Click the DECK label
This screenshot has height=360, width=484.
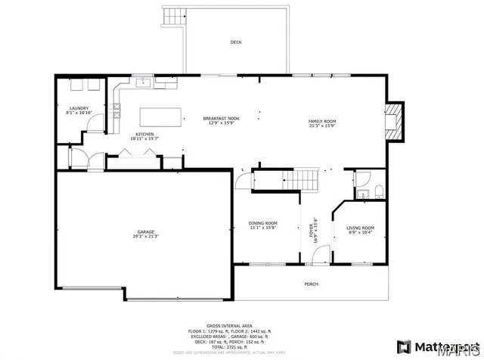(235, 42)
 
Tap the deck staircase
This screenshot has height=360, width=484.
(175, 16)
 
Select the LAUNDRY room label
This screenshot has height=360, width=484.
(79, 108)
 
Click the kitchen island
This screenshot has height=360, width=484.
(160, 116)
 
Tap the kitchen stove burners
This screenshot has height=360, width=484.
(117, 111)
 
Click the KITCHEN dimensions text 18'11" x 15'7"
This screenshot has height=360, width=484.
(144, 138)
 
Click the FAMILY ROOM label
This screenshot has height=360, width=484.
(321, 122)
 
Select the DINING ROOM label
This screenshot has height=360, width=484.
(263, 223)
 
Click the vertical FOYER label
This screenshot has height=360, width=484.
(311, 229)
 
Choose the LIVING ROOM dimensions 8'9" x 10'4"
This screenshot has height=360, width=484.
(361, 233)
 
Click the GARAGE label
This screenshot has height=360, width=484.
(147, 232)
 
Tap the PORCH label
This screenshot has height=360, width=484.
(311, 284)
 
